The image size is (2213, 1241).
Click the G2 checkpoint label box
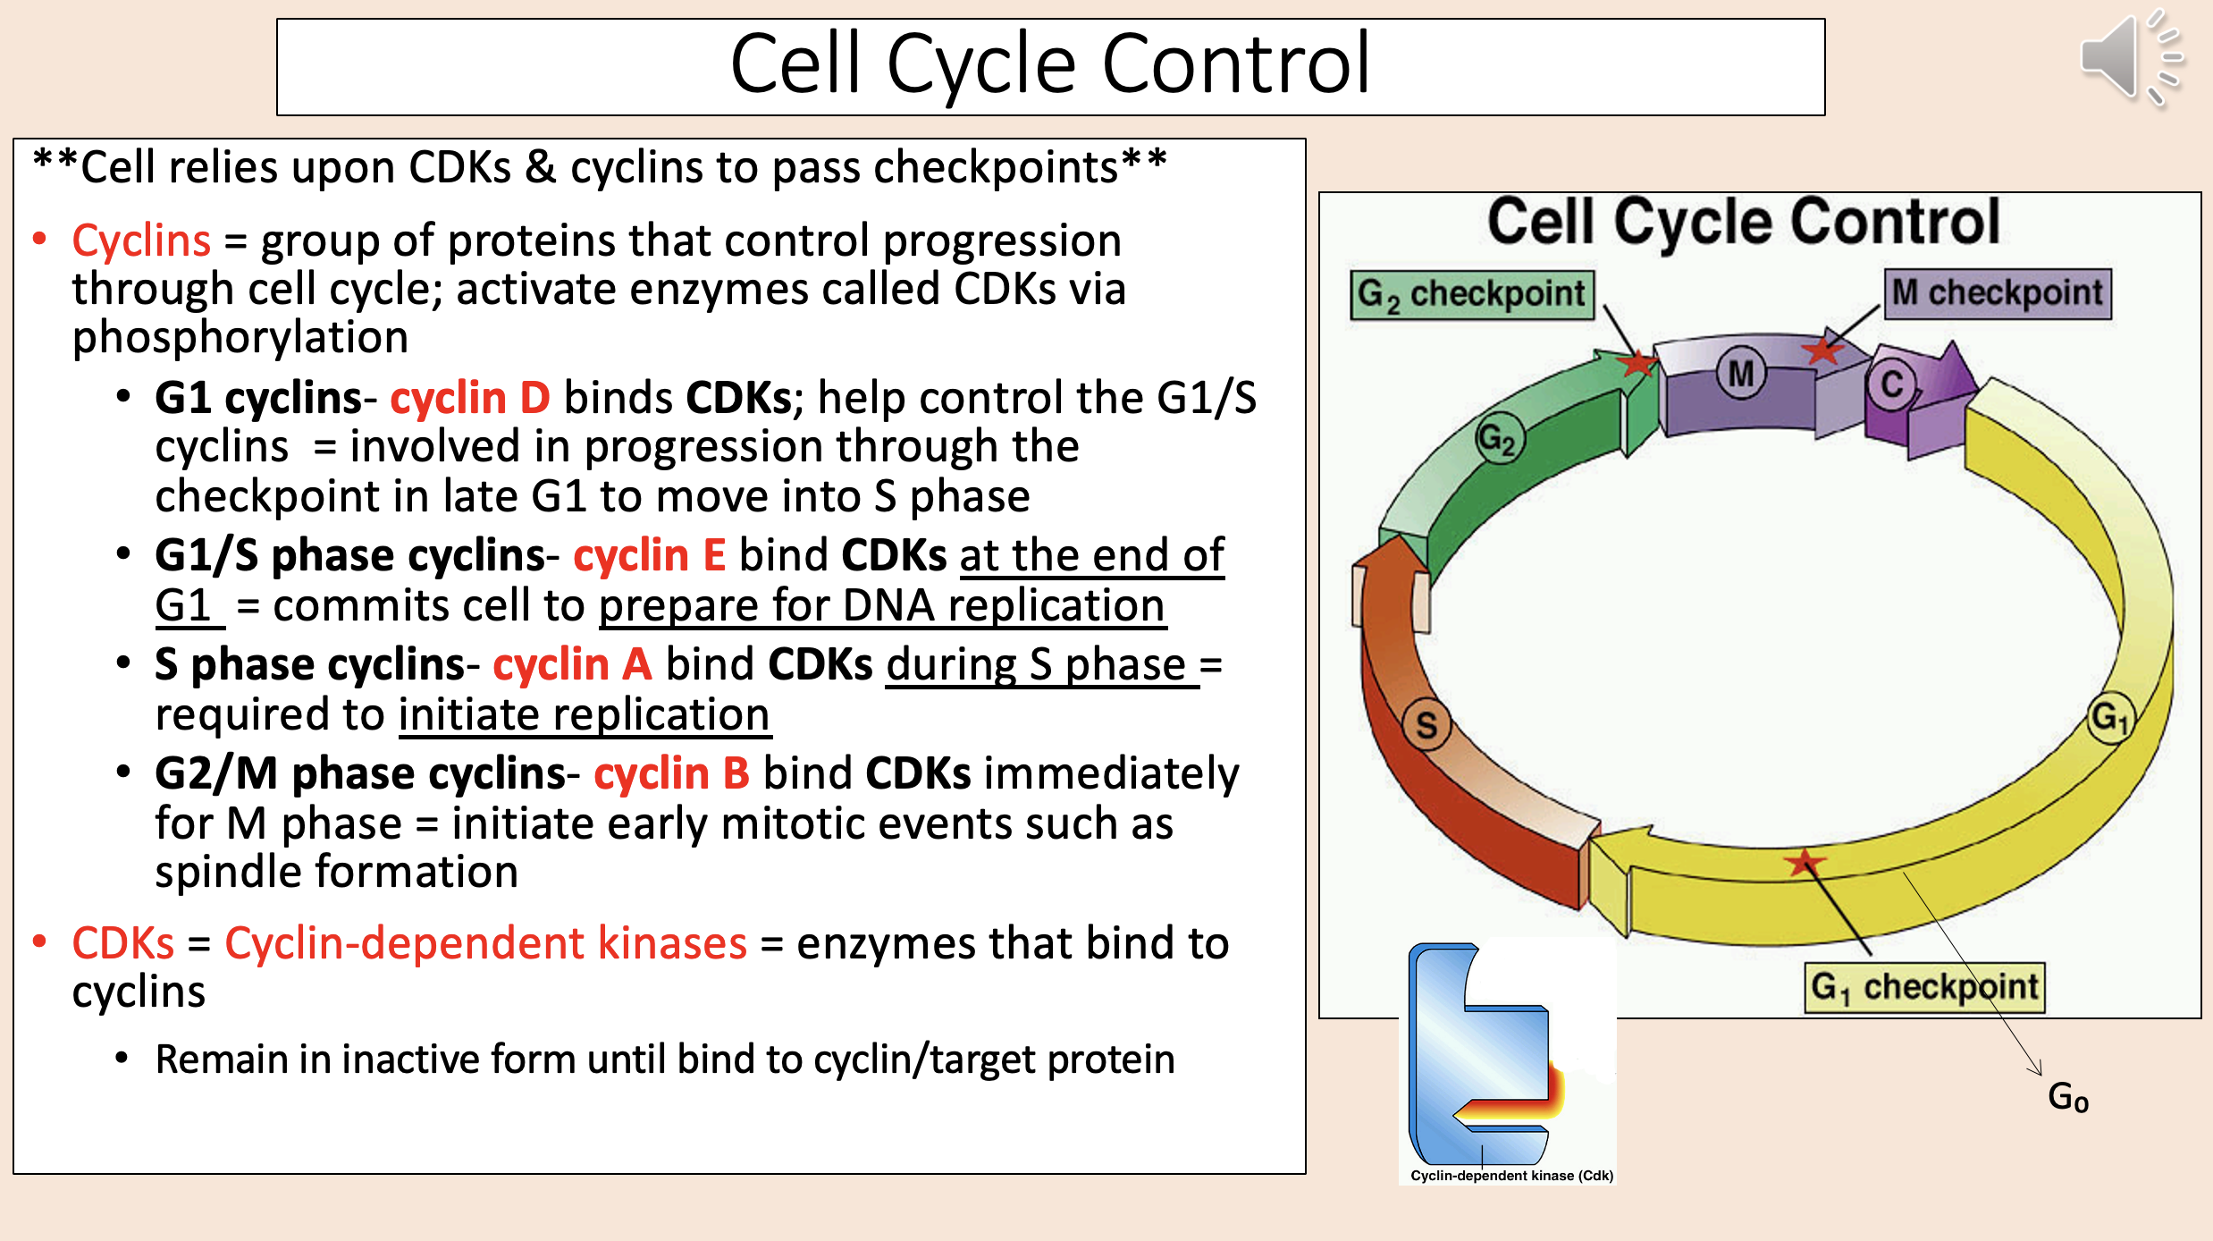1471,294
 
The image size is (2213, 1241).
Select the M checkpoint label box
1998,293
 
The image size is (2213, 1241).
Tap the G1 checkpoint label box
1924,987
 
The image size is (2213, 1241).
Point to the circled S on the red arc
1426,724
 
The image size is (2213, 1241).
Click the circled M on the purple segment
1740,373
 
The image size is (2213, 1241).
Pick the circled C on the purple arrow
1890,384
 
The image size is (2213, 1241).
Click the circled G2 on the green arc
1498,438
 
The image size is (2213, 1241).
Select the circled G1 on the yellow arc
2111,717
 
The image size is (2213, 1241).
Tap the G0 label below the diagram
2067,1097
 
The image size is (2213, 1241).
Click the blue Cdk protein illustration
1484,1055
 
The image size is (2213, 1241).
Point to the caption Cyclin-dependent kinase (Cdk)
1511,1176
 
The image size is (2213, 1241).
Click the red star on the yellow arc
1805,863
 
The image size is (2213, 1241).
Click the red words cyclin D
470,398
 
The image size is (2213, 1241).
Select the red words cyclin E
649,555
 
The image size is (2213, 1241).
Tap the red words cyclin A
572,664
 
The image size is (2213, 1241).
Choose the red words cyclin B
671,773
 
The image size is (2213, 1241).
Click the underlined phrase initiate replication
584,715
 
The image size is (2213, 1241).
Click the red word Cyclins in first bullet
141,241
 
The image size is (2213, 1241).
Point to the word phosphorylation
240,338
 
